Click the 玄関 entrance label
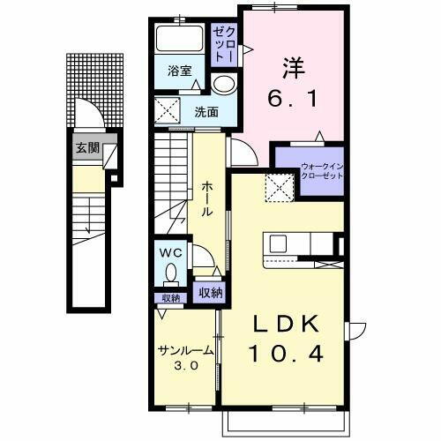[x=85, y=148]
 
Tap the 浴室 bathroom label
[x=180, y=71]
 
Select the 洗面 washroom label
[x=206, y=112]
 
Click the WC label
[x=171, y=251]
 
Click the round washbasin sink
[x=224, y=84]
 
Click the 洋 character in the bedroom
[x=294, y=65]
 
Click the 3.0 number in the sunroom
[x=185, y=366]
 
